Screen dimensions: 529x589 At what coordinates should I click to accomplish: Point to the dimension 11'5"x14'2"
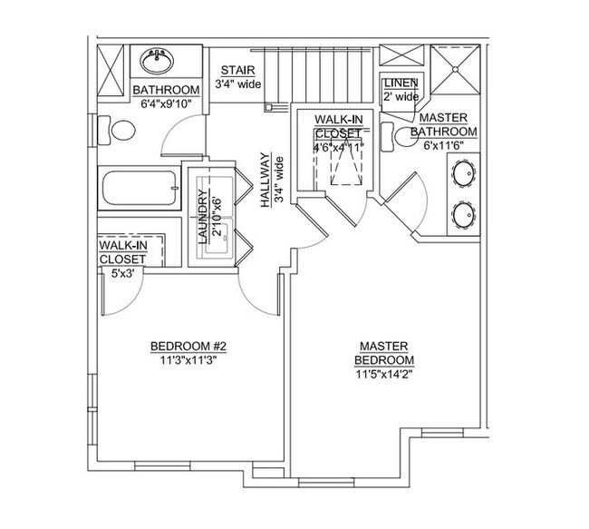coord(386,373)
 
